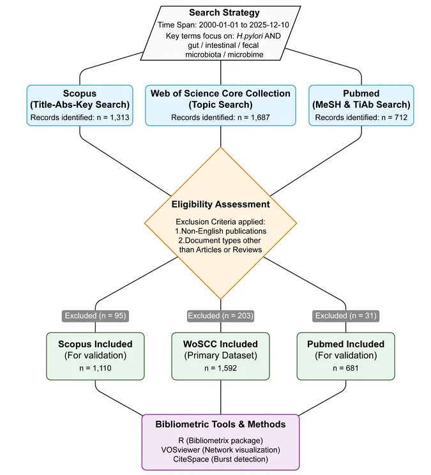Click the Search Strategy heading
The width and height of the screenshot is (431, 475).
(x=224, y=13)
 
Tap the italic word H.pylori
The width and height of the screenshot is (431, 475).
(x=250, y=36)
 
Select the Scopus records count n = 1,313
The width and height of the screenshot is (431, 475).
(x=113, y=117)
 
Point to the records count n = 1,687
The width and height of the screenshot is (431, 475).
(x=253, y=117)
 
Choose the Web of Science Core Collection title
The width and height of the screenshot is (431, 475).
(x=220, y=94)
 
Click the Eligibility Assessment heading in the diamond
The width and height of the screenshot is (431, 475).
(x=220, y=204)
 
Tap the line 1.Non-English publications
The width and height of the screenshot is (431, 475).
(x=220, y=231)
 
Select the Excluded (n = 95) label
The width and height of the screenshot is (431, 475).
(x=95, y=316)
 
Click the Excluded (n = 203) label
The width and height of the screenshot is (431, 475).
(x=220, y=316)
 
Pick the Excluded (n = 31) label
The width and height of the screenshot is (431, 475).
(x=346, y=316)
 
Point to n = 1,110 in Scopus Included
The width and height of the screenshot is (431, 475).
(x=95, y=368)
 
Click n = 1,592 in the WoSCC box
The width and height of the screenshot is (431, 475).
(x=220, y=368)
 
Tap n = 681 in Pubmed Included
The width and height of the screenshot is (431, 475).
(x=345, y=368)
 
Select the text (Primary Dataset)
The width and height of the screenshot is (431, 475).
(x=220, y=356)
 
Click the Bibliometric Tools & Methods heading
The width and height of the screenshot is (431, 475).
(x=220, y=425)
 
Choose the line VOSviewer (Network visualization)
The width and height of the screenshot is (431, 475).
(x=220, y=450)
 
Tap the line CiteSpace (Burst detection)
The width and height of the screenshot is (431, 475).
(x=220, y=459)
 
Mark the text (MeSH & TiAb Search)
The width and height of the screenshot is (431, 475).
(x=361, y=105)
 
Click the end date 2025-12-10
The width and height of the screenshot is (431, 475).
(x=269, y=25)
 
